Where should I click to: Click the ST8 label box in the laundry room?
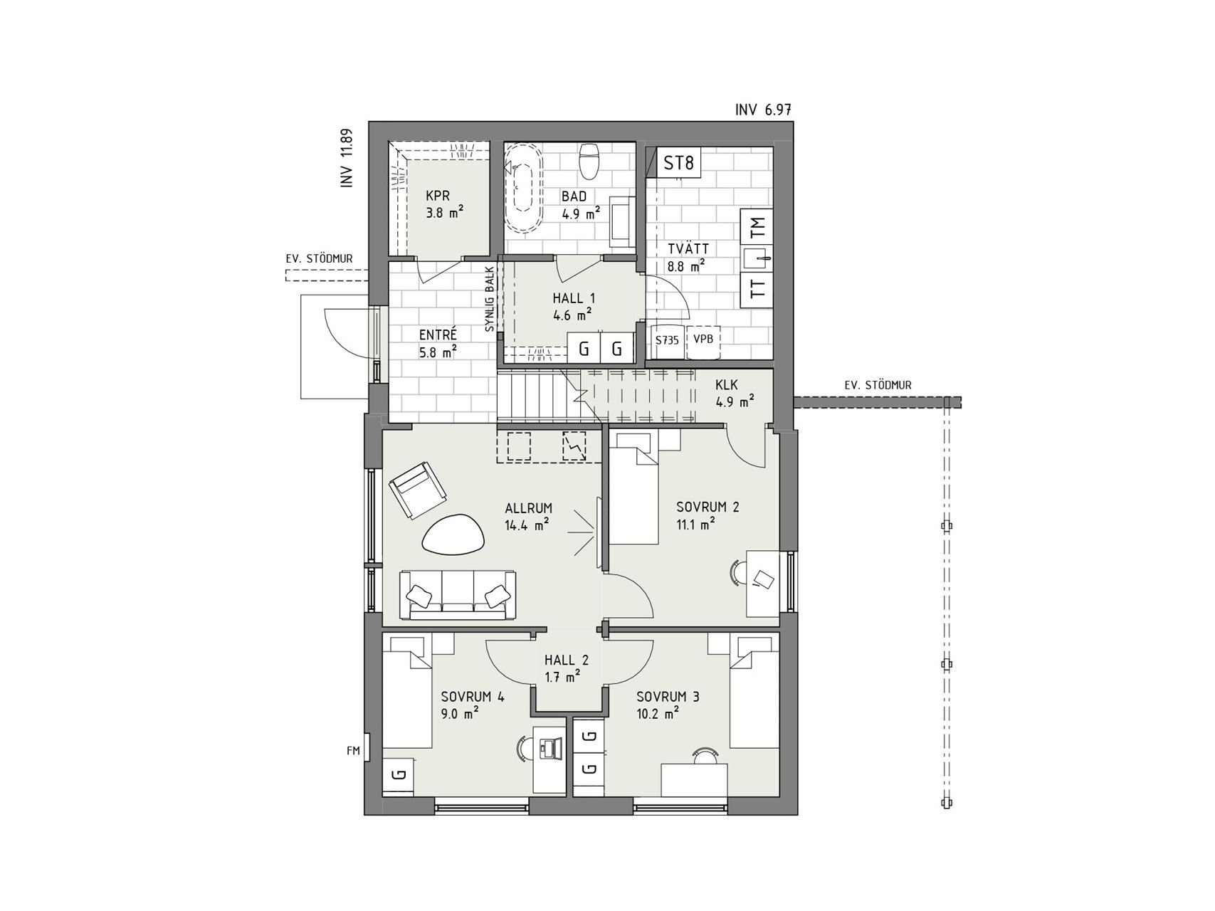click(x=678, y=163)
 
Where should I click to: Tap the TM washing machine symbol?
click(x=757, y=228)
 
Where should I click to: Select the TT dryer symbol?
click(x=757, y=289)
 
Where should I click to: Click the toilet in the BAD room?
click(x=589, y=162)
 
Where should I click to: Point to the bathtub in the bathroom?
click(x=523, y=187)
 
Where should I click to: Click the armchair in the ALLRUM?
click(x=418, y=490)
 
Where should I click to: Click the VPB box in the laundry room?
click(x=703, y=340)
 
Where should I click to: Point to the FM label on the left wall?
click(x=353, y=749)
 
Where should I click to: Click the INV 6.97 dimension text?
click(x=764, y=110)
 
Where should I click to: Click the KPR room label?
click(x=438, y=196)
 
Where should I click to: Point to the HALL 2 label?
click(x=562, y=660)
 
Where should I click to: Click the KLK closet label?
click(x=727, y=385)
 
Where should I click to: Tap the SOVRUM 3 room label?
click(x=668, y=697)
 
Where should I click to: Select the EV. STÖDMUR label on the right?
click(x=878, y=385)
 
